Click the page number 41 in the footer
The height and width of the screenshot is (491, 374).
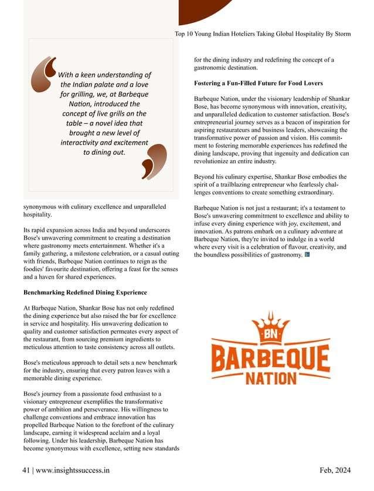(26, 470)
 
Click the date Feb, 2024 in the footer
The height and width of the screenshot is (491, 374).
(335, 470)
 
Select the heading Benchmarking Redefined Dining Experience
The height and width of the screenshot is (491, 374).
(84, 292)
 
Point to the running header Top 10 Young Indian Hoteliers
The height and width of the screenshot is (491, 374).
(263, 34)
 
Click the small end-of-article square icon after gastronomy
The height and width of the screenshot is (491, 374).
(308, 255)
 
